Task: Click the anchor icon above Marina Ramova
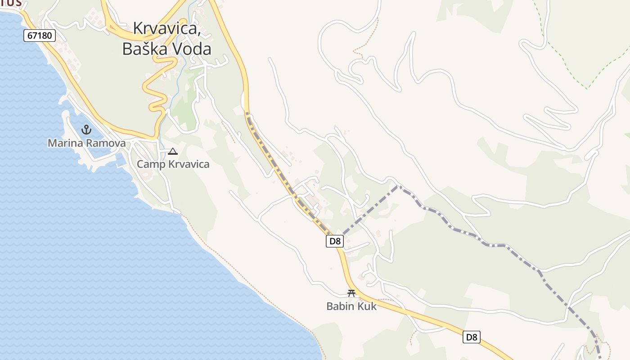(x=86, y=130)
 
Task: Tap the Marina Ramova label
(x=86, y=143)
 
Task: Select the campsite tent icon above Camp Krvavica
(x=172, y=152)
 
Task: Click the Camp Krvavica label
(x=173, y=164)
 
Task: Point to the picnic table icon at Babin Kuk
(x=351, y=293)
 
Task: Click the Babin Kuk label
(x=351, y=306)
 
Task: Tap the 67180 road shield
(x=40, y=35)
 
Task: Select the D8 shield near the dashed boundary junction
(x=335, y=241)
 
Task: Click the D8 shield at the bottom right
(x=471, y=337)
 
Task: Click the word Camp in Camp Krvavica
(x=151, y=164)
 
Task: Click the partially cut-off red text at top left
(x=11, y=3)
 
